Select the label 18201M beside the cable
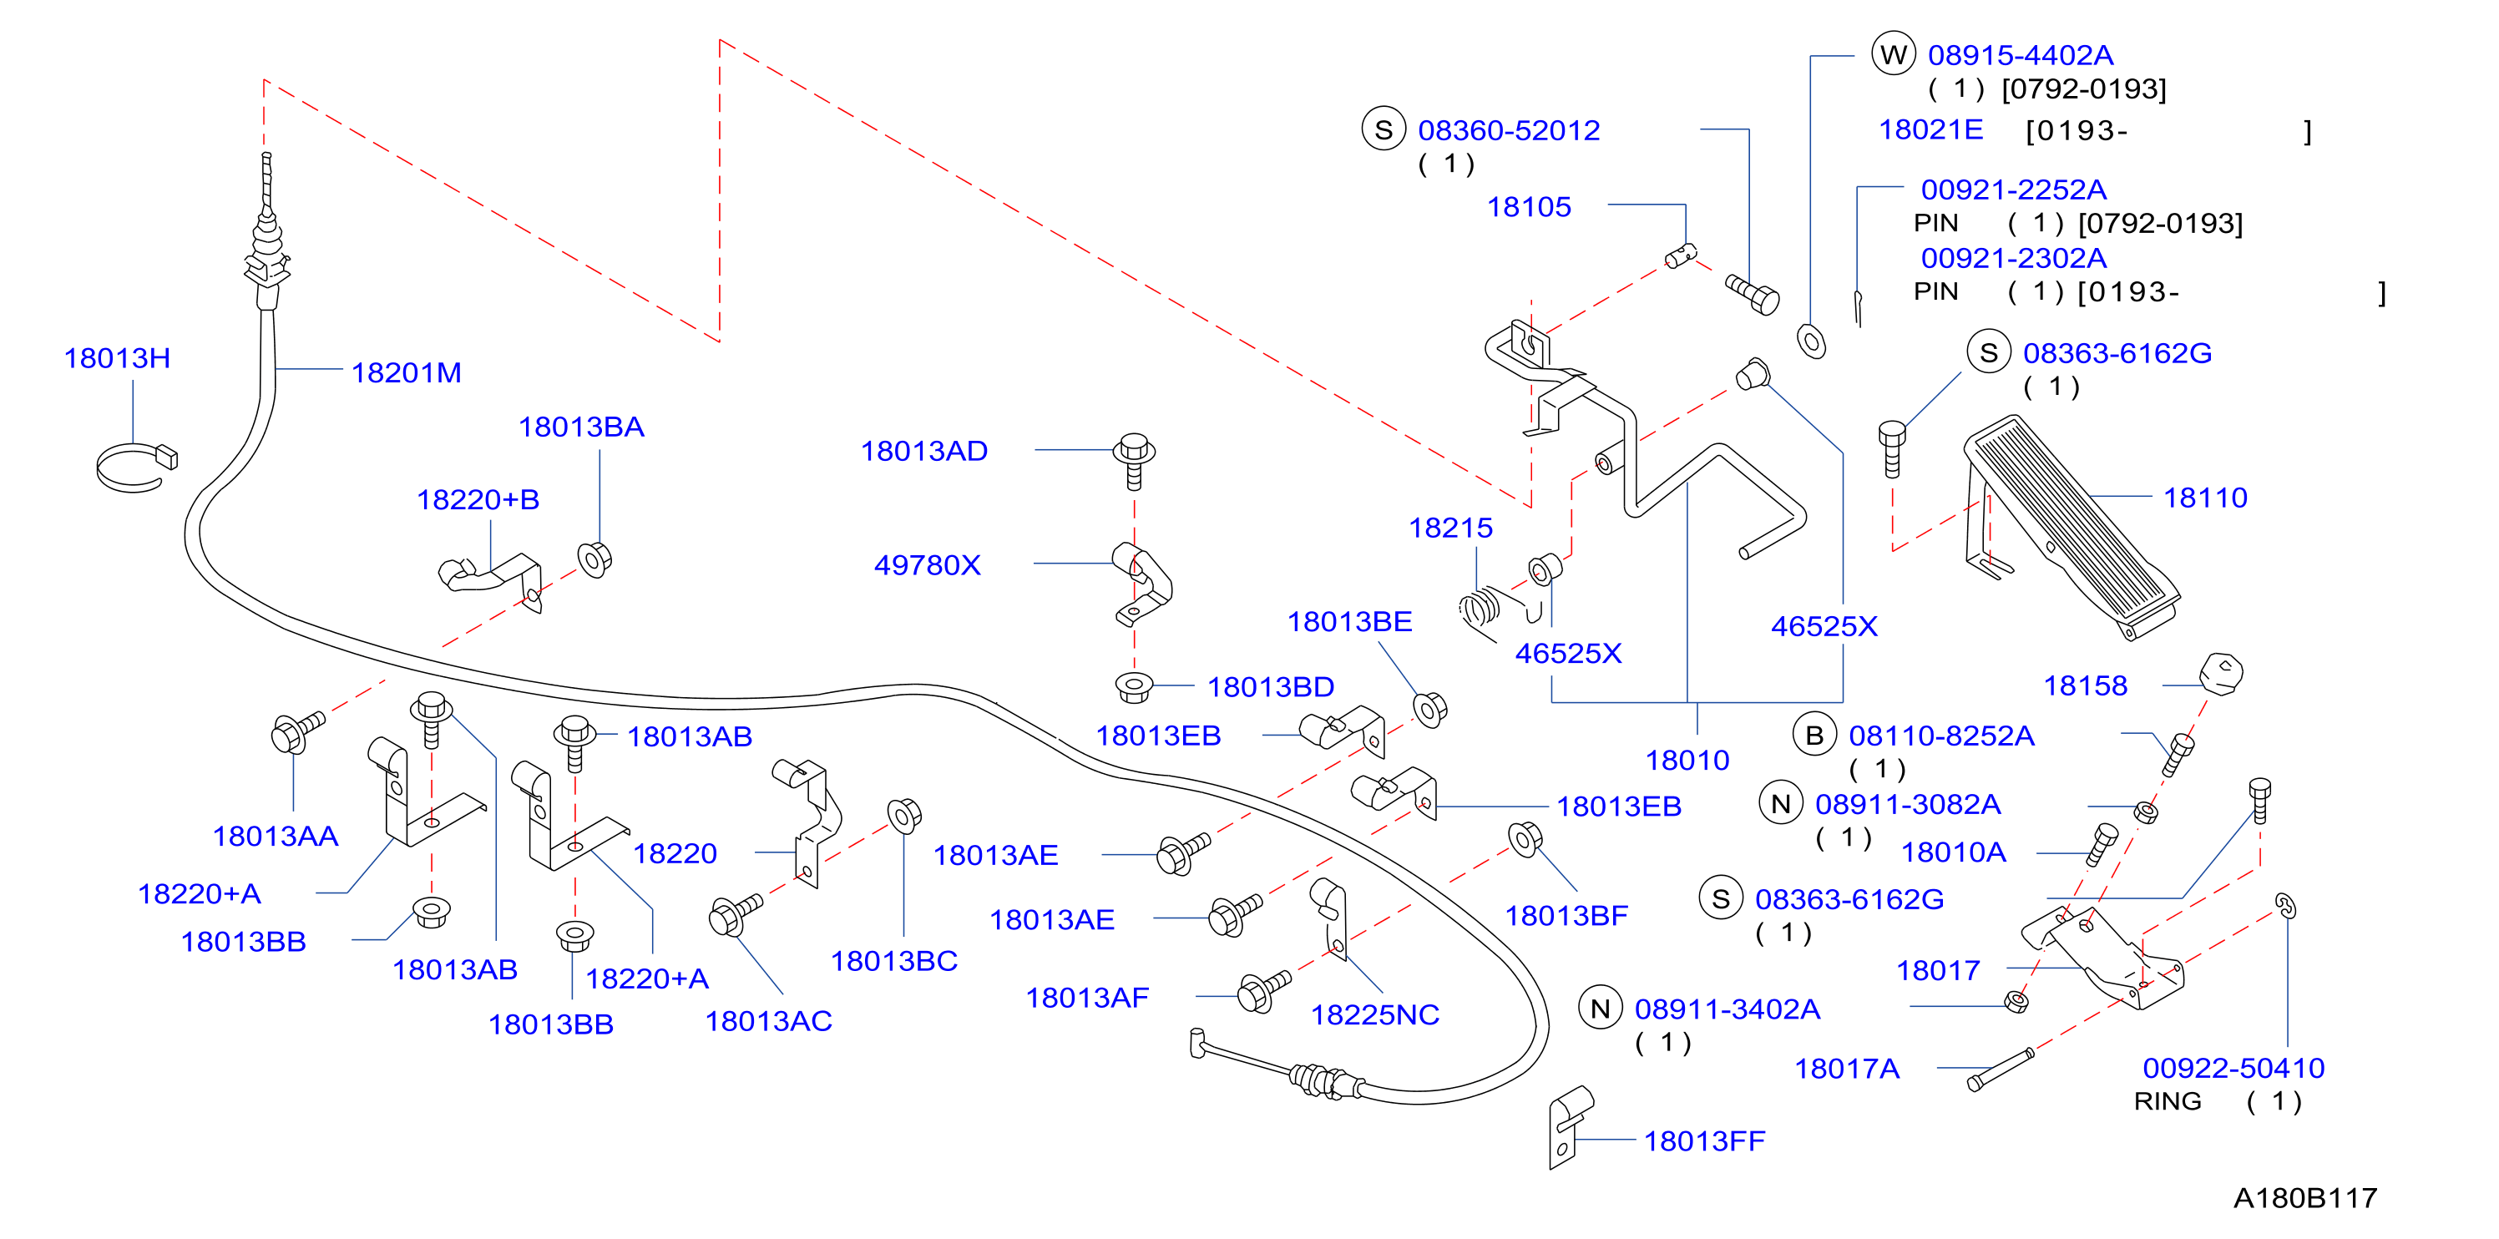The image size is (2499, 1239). [406, 372]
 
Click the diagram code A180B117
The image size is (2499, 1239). [2305, 1198]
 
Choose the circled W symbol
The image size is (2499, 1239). [1894, 54]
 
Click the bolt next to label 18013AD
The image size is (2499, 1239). [1133, 460]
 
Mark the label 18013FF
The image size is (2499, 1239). [1703, 1141]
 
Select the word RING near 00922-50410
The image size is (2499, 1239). [2168, 1101]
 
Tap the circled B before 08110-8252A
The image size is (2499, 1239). [1814, 736]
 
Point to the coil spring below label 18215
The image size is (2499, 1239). [1482, 609]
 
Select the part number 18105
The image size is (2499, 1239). [1529, 207]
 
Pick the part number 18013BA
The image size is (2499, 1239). [581, 427]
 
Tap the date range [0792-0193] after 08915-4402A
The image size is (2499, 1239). [2084, 89]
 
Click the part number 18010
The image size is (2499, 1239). [1687, 760]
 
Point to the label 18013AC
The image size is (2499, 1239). [768, 1021]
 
